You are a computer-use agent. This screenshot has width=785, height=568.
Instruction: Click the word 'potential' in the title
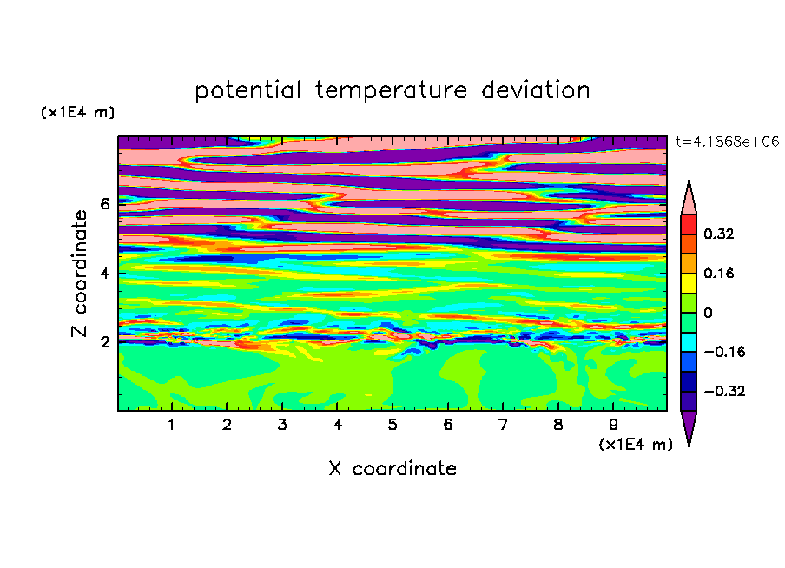pyautogui.click(x=247, y=91)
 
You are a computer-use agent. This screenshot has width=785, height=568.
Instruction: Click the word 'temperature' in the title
pyautogui.click(x=391, y=91)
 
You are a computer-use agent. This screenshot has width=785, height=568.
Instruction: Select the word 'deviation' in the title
pyautogui.click(x=535, y=90)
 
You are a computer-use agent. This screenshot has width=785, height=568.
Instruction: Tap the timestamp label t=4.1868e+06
pyautogui.click(x=727, y=142)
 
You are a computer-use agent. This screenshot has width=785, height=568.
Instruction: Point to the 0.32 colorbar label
pyautogui.click(x=719, y=234)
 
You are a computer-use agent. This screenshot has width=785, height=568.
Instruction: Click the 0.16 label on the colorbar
pyautogui.click(x=719, y=273)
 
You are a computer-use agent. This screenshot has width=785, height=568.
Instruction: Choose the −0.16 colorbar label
pyautogui.click(x=724, y=352)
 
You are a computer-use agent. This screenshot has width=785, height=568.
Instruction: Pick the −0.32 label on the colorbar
pyautogui.click(x=724, y=391)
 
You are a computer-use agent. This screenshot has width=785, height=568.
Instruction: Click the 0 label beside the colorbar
pyautogui.click(x=708, y=313)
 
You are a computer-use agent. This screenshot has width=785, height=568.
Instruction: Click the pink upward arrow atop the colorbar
pyautogui.click(x=689, y=198)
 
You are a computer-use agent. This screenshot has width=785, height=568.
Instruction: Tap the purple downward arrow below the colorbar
pyautogui.click(x=689, y=427)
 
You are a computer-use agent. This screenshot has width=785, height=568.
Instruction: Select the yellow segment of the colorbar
pyautogui.click(x=689, y=283)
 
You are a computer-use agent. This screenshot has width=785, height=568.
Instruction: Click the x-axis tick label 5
pyautogui.click(x=392, y=425)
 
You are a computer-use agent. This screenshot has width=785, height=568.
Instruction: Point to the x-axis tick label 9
pyautogui.click(x=613, y=425)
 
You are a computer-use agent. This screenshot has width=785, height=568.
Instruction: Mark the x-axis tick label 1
pyautogui.click(x=172, y=425)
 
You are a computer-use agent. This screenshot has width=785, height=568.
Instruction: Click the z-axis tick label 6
pyautogui.click(x=104, y=204)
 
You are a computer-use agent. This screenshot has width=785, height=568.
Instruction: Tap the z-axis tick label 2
pyautogui.click(x=104, y=342)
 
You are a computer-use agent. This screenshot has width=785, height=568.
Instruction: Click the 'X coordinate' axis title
pyautogui.click(x=392, y=468)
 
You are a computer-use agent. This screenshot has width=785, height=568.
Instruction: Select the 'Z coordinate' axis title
pyautogui.click(x=80, y=274)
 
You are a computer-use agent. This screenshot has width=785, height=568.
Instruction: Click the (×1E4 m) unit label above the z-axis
pyautogui.click(x=77, y=112)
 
